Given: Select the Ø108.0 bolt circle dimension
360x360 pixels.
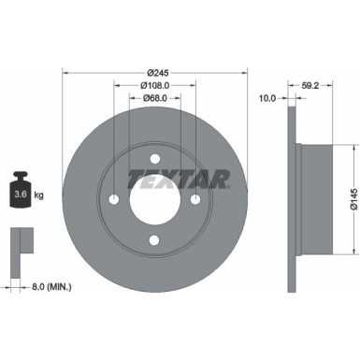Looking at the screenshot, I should [x=155, y=85].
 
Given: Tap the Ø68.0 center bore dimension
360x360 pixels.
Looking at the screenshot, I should [x=155, y=100].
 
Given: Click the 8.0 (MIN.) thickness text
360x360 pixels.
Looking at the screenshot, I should [x=50, y=286].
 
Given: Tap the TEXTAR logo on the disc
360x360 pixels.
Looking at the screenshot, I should [x=155, y=176].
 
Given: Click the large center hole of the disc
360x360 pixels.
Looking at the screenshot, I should [x=155, y=199].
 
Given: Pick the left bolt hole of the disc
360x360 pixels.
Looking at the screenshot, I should [x=114, y=199].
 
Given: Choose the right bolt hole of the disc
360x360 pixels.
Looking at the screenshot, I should [x=196, y=199].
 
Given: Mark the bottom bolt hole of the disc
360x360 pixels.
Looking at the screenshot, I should [x=155, y=240].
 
